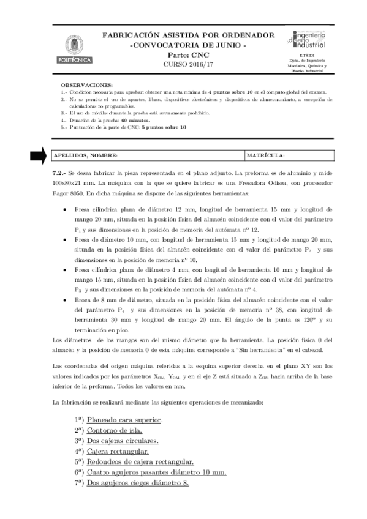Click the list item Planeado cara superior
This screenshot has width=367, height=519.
pos(124,420)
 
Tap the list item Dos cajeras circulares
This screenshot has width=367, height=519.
pos(123,441)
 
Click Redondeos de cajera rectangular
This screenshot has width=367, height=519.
pos(140,461)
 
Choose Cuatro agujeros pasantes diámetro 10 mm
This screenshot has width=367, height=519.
pos(156,472)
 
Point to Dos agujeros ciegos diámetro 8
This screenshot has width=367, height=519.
pos(138,483)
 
